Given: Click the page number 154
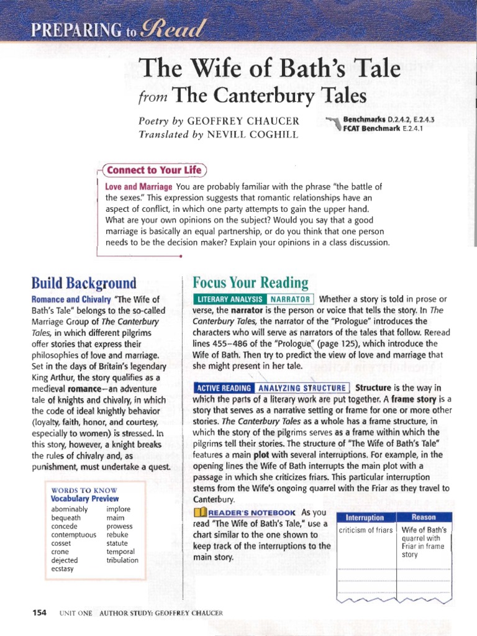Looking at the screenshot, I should [39, 612].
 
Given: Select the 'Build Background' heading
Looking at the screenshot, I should [84, 284].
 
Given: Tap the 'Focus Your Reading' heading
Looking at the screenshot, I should [250, 283].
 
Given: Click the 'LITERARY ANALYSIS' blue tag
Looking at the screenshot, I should [230, 299].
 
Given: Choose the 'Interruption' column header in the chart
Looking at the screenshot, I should [365, 517].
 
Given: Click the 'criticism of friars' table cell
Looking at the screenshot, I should [365, 530].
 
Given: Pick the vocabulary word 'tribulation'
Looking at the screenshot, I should [122, 560].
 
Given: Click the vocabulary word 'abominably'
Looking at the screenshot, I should [70, 509].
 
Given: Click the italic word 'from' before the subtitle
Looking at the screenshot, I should [151, 96].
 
